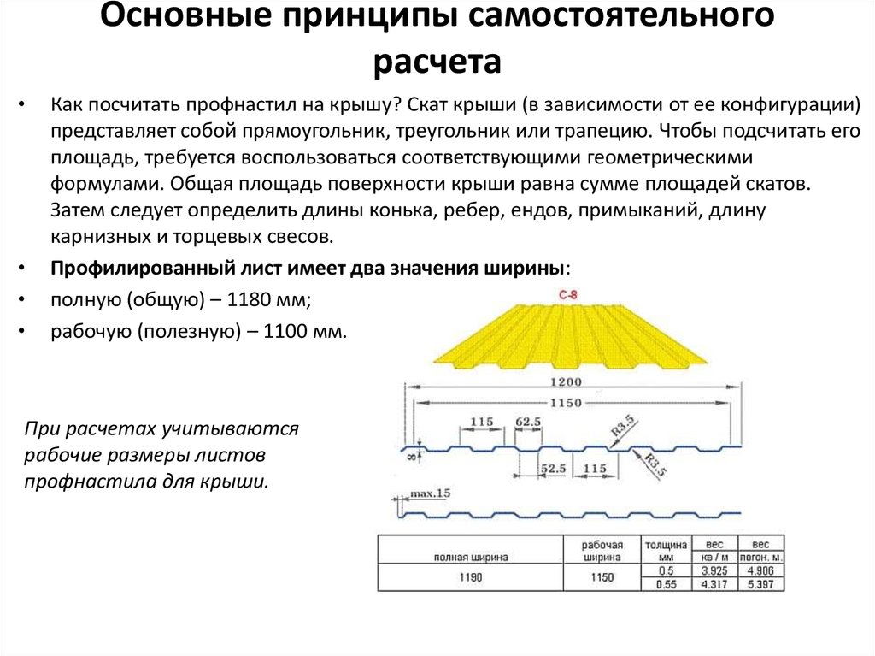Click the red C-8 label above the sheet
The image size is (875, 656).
pyautogui.click(x=568, y=294)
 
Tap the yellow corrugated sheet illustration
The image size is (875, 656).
pyautogui.click(x=571, y=337)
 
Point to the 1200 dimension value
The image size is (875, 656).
pyautogui.click(x=566, y=382)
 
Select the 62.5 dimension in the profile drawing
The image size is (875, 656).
pyautogui.click(x=528, y=422)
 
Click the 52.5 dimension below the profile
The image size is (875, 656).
pyautogui.click(x=553, y=468)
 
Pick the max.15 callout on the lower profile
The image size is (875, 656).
pyautogui.click(x=430, y=493)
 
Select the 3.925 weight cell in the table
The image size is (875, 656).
pyautogui.click(x=714, y=571)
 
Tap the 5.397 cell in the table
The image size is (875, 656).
pyautogui.click(x=760, y=584)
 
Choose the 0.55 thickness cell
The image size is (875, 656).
pyautogui.click(x=667, y=584)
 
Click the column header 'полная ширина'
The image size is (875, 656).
pyautogui.click(x=471, y=557)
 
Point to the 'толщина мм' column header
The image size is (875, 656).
pyautogui.click(x=667, y=551)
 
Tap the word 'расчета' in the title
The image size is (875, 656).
pyautogui.click(x=437, y=61)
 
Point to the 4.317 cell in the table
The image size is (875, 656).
pyautogui.click(x=714, y=584)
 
